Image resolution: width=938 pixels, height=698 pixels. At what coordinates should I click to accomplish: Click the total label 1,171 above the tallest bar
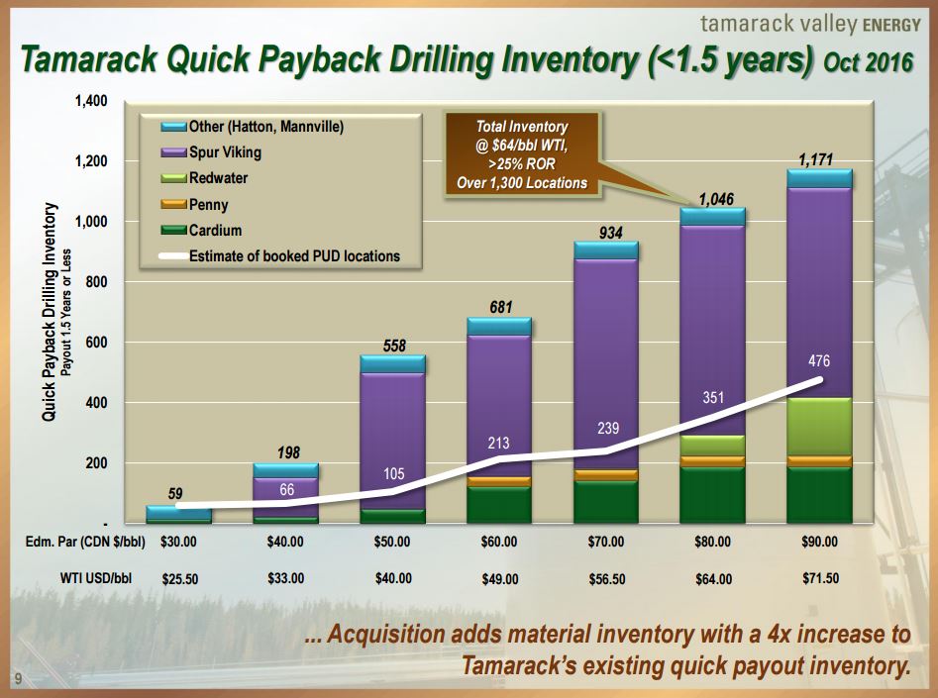coord(819,158)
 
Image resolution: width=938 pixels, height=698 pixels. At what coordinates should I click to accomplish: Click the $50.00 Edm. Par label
coord(392,542)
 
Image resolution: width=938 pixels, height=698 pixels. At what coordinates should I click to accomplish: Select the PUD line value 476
coord(818,363)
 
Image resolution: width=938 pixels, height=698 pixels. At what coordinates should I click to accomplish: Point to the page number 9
coord(17,677)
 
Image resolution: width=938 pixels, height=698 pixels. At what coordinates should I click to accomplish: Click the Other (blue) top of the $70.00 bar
coord(605,249)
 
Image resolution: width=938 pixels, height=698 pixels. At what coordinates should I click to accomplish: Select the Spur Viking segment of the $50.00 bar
coord(392,436)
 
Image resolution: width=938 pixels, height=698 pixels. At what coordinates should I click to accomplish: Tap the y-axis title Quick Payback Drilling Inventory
coord(50,313)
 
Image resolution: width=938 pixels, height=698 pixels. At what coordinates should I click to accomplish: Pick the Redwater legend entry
coord(218,178)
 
